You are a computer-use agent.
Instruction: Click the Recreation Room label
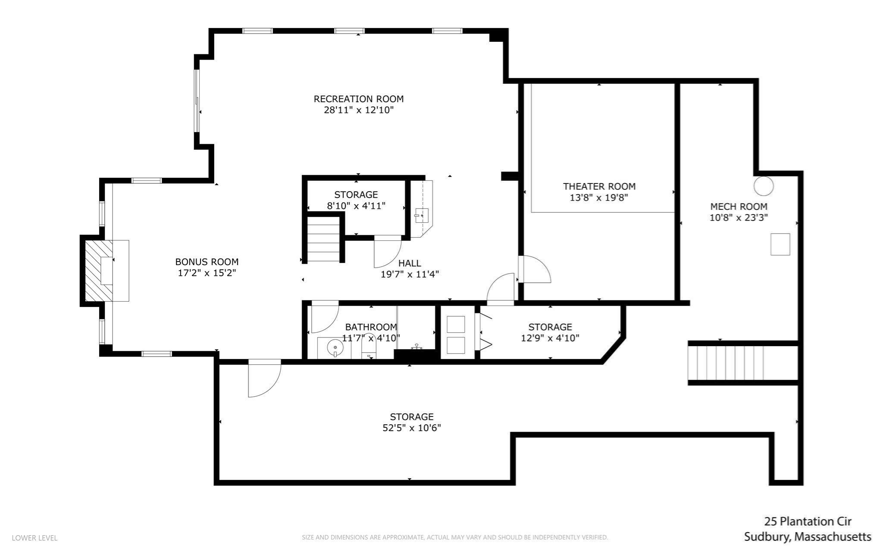(358, 99)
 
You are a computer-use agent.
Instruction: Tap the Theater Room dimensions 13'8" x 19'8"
(599, 198)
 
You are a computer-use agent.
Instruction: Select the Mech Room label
(739, 206)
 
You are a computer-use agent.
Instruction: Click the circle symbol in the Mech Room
(763, 186)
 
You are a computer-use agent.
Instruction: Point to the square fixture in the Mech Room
(780, 244)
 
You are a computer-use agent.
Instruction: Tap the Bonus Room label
(207, 262)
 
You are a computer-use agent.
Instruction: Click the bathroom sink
(335, 347)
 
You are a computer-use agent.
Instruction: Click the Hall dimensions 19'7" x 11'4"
(409, 274)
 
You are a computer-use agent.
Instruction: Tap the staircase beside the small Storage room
(323, 240)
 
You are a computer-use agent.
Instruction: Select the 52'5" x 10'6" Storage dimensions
(411, 428)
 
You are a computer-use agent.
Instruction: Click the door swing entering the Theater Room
(535, 270)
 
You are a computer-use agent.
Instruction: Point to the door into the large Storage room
(264, 379)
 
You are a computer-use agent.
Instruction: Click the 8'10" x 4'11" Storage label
(356, 195)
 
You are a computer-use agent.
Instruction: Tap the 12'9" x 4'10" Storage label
(550, 327)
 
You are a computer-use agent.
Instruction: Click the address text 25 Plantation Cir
(807, 521)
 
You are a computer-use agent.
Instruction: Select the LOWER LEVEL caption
(34, 538)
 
